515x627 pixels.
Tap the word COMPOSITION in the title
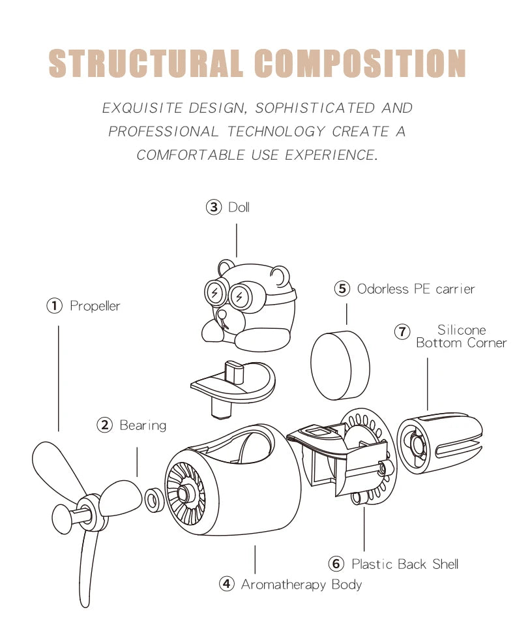coord(359,63)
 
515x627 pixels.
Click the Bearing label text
coord(143,425)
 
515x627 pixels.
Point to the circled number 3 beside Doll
coord(214,207)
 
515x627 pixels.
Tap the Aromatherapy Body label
coord(301,584)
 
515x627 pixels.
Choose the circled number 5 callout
coord(343,288)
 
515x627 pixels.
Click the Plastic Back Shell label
coord(405,564)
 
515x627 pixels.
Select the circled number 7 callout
coord(402,331)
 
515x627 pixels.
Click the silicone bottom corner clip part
coord(438,444)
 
